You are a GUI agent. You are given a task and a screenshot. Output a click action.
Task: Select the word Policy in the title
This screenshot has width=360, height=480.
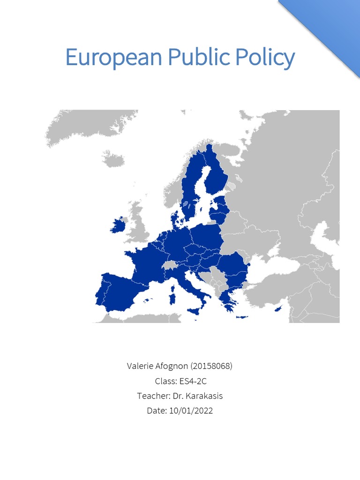265,58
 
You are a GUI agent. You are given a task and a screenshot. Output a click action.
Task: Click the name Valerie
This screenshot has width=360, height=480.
140,366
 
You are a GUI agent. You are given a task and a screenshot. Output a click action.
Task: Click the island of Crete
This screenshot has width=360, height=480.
241,318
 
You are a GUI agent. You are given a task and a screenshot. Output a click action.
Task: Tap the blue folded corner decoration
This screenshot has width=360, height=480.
333,28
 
